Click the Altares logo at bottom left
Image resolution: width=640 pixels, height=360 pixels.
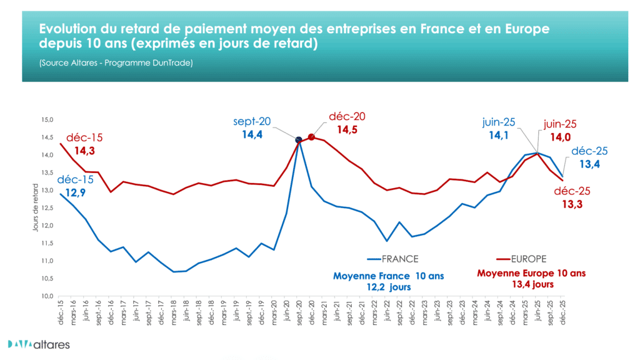(39, 344)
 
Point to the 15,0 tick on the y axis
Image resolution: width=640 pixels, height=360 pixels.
(47, 119)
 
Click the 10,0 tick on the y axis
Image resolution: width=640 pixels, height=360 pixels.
(47, 296)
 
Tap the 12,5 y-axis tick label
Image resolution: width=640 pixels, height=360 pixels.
(47, 208)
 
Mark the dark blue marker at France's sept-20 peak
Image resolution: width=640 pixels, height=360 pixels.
(299, 140)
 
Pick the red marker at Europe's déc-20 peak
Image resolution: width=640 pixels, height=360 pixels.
(311, 137)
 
